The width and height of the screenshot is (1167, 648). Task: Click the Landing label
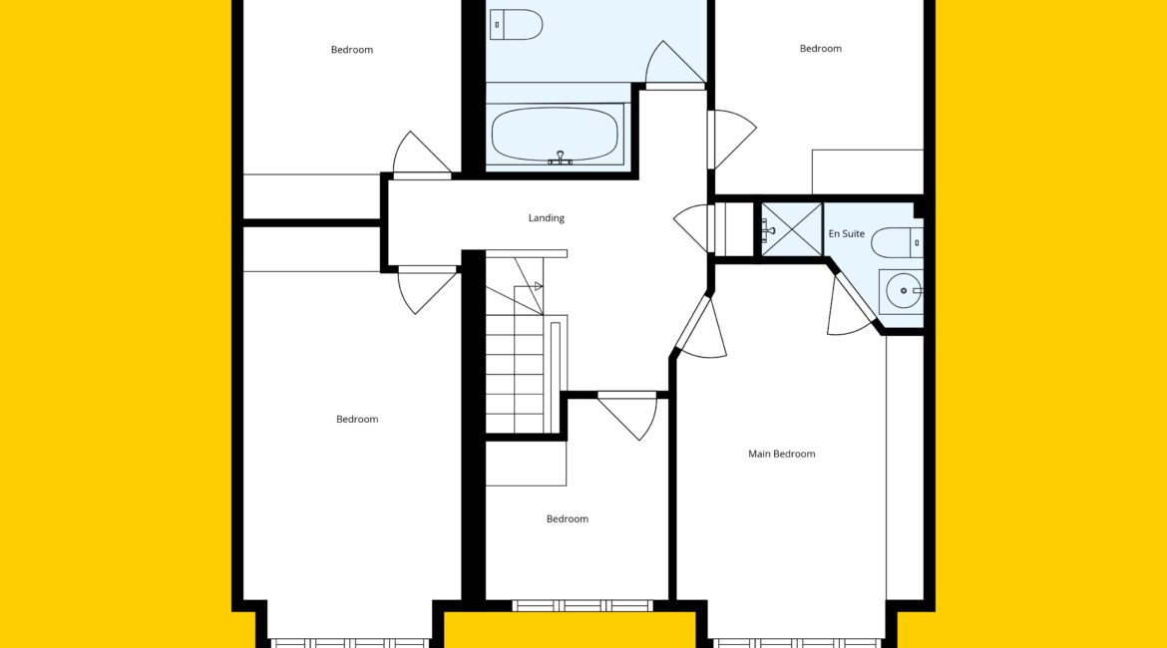point(547,218)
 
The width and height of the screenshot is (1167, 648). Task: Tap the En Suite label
point(846,233)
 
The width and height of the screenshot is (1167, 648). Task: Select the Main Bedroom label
point(781,454)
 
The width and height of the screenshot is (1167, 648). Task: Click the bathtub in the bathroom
point(556,135)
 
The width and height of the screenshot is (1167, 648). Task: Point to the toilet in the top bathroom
point(516,25)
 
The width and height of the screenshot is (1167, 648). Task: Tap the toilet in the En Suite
point(898,242)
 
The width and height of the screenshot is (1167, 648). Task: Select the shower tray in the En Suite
point(791,230)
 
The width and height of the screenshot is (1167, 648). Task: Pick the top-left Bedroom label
point(352,50)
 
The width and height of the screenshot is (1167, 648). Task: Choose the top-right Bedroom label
point(821,49)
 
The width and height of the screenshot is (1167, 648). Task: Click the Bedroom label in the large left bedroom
point(357,420)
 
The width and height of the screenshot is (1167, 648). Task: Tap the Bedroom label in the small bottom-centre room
point(568,519)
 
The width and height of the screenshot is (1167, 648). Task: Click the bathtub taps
point(560,158)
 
